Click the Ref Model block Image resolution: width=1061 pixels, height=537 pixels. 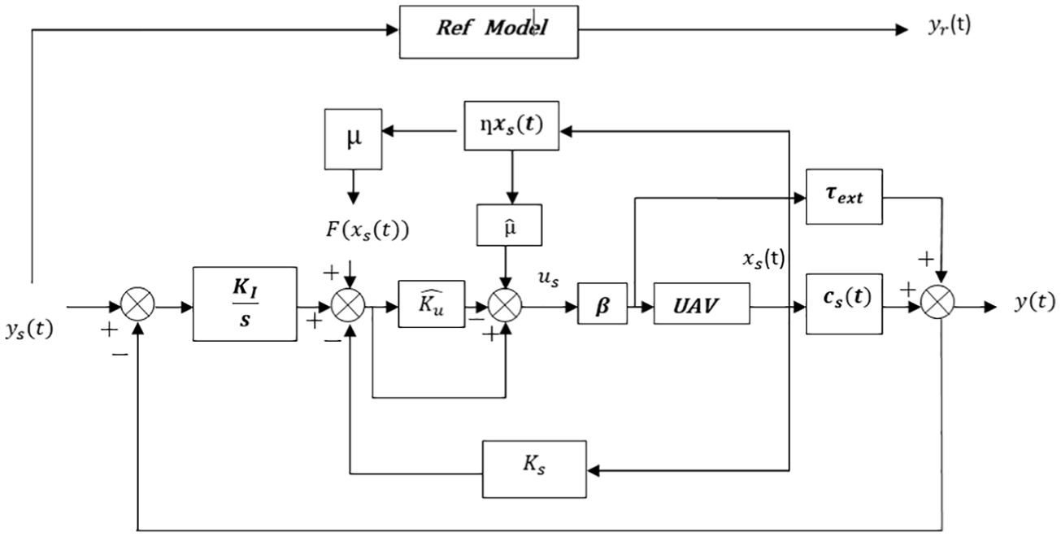point(489,32)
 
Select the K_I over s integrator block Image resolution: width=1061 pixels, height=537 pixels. point(245,303)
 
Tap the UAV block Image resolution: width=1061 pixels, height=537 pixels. point(702,303)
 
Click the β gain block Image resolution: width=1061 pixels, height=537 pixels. point(602,303)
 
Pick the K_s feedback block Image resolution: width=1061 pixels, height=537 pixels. point(534,469)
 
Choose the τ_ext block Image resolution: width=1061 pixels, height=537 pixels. point(844,197)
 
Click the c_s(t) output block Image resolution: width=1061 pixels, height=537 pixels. point(844,303)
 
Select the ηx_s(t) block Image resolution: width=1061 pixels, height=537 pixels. point(511,125)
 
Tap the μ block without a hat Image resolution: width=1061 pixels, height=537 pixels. point(354,139)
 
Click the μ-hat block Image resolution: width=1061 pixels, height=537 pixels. point(509,225)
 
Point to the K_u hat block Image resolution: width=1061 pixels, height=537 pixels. point(432,303)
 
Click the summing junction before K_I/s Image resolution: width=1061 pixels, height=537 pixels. point(138,303)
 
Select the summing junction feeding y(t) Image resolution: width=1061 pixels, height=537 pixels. point(937,302)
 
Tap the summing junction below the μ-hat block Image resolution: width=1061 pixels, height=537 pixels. point(505,304)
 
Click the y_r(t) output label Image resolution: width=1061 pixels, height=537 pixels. point(950,26)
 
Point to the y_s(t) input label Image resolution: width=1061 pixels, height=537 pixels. point(29,330)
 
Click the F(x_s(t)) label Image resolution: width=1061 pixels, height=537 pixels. point(367,231)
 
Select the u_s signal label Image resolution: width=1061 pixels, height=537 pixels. point(549,279)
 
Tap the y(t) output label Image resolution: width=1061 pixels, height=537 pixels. point(1034,302)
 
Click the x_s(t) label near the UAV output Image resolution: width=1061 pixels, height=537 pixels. point(764,260)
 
